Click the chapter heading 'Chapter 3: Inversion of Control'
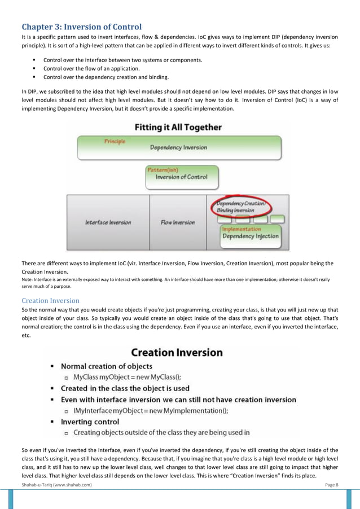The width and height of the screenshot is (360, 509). coord(82,26)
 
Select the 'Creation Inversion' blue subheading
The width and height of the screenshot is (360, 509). coord(50,300)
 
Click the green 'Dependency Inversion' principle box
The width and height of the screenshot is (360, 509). coord(178,148)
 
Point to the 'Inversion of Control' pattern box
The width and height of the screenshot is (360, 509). coord(182,177)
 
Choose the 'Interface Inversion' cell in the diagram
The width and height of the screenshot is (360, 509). coord(108,222)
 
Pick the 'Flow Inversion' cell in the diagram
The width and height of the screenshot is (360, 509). coord(178,222)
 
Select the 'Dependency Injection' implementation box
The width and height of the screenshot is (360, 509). coord(251,236)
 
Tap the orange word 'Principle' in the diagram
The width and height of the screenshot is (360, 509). coord(115,141)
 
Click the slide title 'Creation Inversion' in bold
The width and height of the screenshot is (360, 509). coord(177,353)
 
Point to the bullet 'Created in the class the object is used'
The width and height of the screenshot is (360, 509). coord(133,388)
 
